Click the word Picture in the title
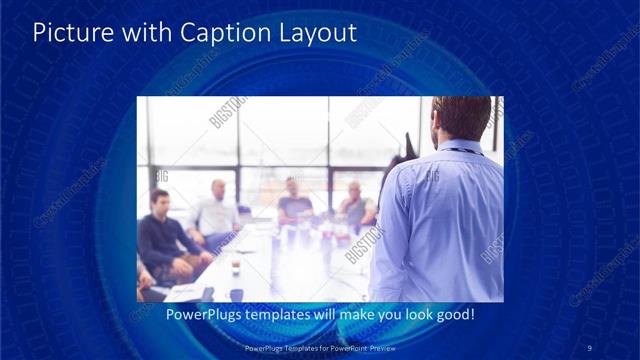(71, 33)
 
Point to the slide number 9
(590, 347)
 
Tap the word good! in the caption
(452, 314)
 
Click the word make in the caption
(348, 314)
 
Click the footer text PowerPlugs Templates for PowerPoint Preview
(319, 347)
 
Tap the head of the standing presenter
(462, 119)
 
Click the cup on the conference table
(235, 266)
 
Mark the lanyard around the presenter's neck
(462, 151)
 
